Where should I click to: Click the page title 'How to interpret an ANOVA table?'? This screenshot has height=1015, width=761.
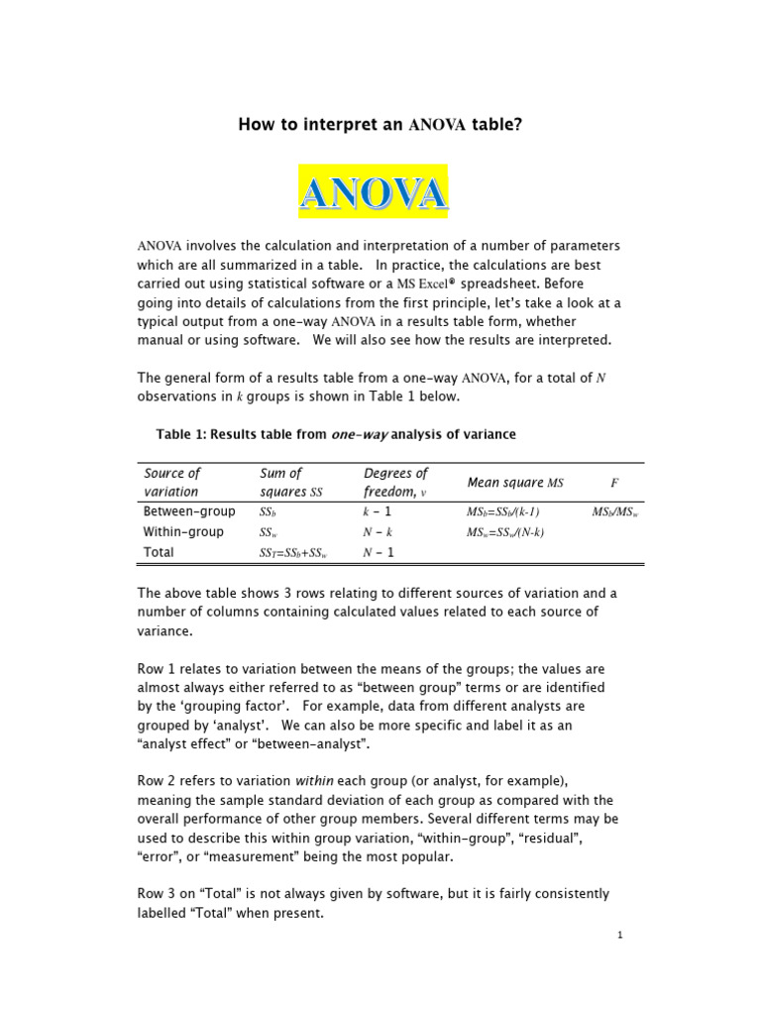pos(380,124)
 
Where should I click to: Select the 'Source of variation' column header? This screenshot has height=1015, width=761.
pos(172,482)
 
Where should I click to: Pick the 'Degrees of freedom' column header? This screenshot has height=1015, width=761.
pos(395,482)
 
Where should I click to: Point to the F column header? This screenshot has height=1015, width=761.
pos(614,482)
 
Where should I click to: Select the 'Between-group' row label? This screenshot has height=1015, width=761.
pos(189,511)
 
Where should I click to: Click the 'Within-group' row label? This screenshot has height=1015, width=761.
pos(183,532)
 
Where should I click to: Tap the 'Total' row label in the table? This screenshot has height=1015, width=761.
pos(160,552)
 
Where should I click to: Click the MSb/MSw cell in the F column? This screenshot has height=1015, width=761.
pos(615,512)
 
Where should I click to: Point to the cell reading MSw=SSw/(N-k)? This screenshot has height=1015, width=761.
pos(504,532)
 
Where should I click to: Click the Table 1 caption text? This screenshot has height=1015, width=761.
pos(336,434)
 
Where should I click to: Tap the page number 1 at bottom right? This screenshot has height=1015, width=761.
pos(618,935)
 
